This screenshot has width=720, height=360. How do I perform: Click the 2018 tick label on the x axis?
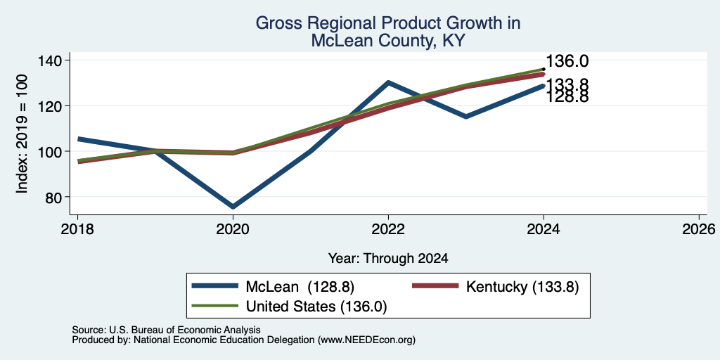pyautogui.click(x=77, y=229)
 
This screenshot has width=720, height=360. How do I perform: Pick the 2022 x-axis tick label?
pyautogui.click(x=388, y=229)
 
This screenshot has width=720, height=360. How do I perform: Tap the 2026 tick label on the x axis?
pyautogui.click(x=699, y=229)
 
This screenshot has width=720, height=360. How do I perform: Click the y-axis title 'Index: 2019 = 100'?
pyautogui.click(x=22, y=134)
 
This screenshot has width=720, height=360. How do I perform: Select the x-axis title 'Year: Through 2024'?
pyautogui.click(x=388, y=259)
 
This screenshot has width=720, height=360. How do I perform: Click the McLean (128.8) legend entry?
pyautogui.click(x=274, y=287)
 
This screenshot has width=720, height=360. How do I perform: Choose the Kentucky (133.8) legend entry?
pyautogui.click(x=496, y=287)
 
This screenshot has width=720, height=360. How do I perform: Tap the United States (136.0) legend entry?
pyautogui.click(x=289, y=307)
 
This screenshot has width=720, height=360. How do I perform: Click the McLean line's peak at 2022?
pyautogui.click(x=388, y=83)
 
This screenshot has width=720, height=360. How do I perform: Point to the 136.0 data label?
pyautogui.click(x=567, y=62)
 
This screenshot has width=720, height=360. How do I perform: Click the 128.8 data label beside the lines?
pyautogui.click(x=567, y=97)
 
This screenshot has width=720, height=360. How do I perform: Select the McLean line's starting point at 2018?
pyautogui.click(x=78, y=139)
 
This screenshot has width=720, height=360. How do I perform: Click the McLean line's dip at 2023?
pyautogui.click(x=466, y=117)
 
